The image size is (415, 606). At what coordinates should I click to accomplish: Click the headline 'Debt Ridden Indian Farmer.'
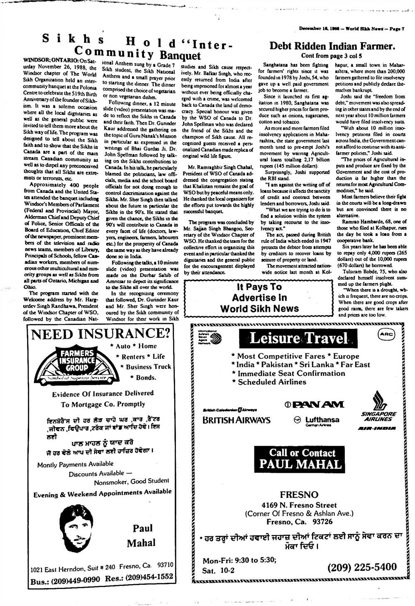332,46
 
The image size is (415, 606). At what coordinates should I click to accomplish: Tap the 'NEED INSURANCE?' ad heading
101,333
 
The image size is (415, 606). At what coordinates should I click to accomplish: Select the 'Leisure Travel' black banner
298,339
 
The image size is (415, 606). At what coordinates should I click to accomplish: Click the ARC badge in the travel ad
386,334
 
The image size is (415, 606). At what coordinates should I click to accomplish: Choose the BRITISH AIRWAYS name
236,420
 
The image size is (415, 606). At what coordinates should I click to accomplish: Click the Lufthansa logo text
322,420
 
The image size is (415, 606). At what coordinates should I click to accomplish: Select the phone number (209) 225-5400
362,567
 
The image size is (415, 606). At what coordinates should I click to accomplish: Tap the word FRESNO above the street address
299,494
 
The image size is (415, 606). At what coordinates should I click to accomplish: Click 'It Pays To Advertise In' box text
259,298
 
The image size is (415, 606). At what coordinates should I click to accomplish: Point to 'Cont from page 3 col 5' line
332,56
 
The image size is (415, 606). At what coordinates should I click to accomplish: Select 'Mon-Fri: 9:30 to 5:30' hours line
239,560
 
